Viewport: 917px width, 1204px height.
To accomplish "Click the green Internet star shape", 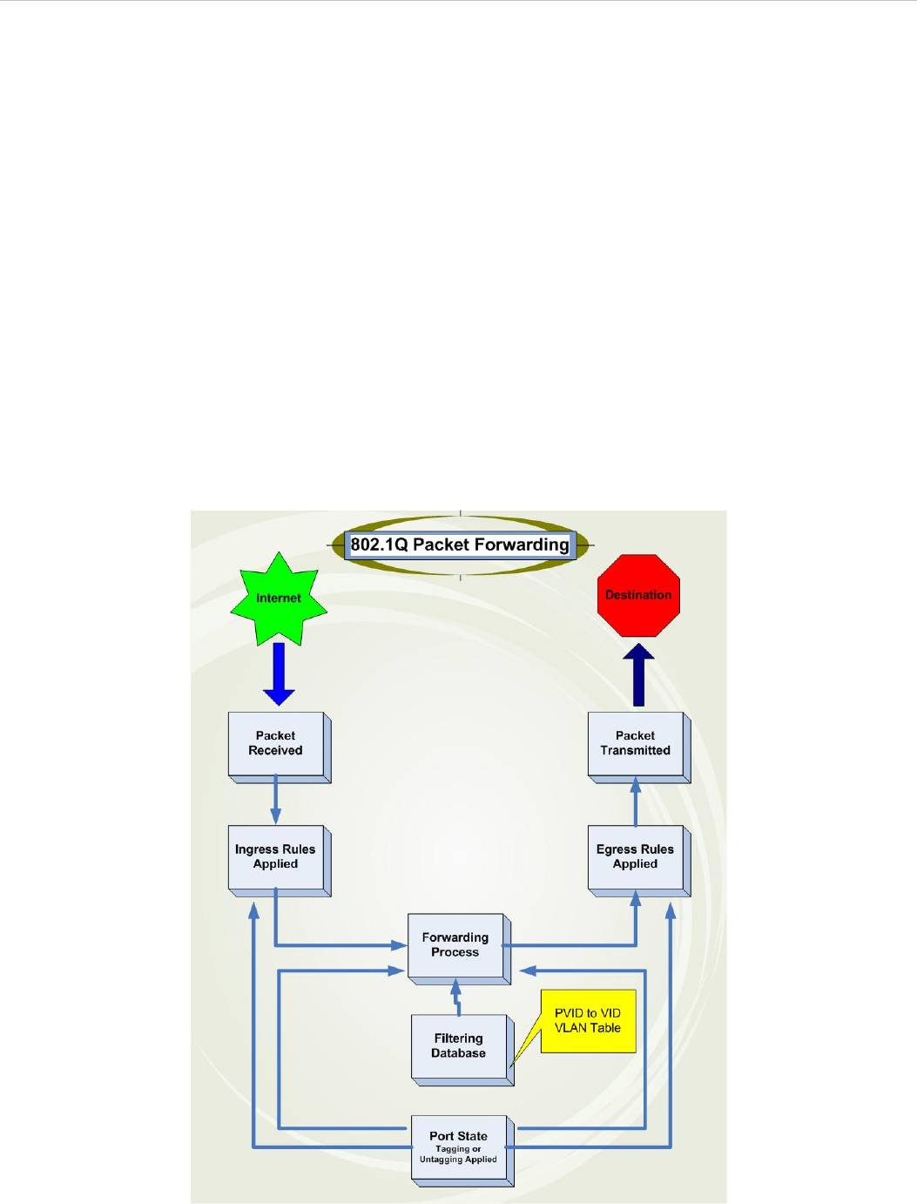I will click(x=279, y=599).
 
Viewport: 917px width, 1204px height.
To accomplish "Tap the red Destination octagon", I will click(x=638, y=596).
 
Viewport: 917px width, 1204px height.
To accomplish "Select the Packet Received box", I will click(x=276, y=743).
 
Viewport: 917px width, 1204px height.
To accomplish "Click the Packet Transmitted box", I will click(x=636, y=743).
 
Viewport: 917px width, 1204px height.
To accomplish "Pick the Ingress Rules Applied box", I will click(x=276, y=856).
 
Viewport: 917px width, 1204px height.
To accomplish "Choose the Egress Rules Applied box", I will click(x=636, y=856).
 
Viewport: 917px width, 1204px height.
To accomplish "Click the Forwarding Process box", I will click(x=455, y=945).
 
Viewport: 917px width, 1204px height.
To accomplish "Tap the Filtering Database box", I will click(x=459, y=1045).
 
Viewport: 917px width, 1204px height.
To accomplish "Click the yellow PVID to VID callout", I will click(x=588, y=1021).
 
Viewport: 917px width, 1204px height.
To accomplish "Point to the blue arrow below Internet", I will click(x=279, y=673).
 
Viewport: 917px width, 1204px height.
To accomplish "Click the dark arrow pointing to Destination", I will click(x=638, y=674).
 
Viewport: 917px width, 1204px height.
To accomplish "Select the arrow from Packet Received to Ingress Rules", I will click(x=276, y=802).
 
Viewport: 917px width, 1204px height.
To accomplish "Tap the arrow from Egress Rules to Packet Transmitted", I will click(x=636, y=802).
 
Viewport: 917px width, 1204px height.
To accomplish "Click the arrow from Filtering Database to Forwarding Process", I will click(x=455, y=998).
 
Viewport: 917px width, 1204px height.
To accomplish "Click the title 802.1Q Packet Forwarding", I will click(x=460, y=545).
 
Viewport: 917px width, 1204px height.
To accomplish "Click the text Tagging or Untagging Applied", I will click(x=458, y=1154).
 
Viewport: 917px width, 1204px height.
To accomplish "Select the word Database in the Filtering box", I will click(x=459, y=1053).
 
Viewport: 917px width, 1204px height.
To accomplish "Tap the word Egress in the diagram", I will click(x=617, y=849).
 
